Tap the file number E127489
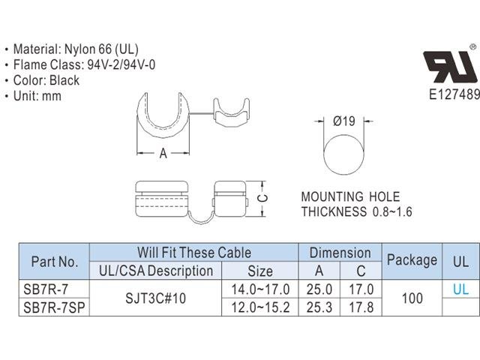coord(454,94)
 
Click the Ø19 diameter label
coord(343,120)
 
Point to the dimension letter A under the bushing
coord(163,154)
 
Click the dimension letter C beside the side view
coord(262,198)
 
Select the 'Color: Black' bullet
coord(46,80)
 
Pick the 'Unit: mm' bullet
coord(37,96)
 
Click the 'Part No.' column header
coord(54,262)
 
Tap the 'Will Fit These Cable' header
coord(193,253)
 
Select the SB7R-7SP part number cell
coord(54,307)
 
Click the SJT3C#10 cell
coord(155,298)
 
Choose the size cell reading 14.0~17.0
coord(260,289)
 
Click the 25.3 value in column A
coord(319,307)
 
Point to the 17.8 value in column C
coord(361,307)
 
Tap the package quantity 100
coord(412,298)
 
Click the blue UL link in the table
coord(460,289)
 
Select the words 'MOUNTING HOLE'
coord(351,197)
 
